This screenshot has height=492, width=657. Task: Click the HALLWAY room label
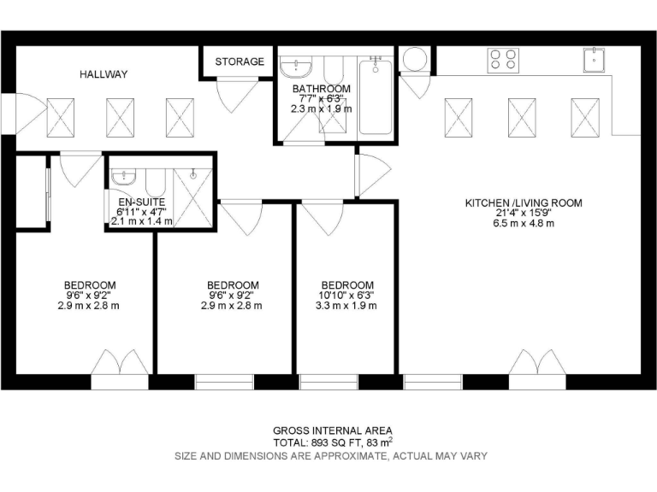point(104,74)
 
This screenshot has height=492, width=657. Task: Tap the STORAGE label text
point(239,61)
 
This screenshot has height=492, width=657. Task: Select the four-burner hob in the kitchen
point(503,59)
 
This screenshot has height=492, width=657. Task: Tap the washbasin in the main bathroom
point(299,67)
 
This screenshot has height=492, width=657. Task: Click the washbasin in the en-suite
point(124,176)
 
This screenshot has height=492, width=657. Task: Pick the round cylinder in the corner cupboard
point(415,59)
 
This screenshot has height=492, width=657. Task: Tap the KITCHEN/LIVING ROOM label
point(523,203)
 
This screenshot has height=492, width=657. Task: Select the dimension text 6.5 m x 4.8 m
point(523,224)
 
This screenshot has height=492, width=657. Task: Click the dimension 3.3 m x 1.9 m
point(346,306)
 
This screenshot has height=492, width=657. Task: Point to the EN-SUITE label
point(133,201)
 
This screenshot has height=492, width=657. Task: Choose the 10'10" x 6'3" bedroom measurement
point(346,296)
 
